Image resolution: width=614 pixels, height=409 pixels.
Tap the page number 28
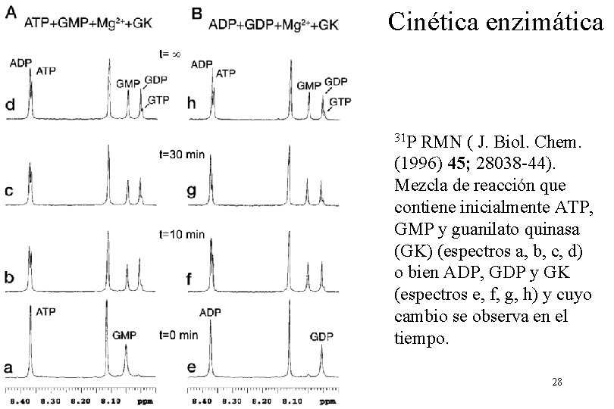coord(557,382)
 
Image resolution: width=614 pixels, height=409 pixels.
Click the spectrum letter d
coord(11,108)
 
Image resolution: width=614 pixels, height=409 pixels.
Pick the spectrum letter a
coord(11,367)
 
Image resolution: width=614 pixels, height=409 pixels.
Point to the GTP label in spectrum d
coord(158,99)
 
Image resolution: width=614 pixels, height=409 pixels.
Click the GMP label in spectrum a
coord(125,334)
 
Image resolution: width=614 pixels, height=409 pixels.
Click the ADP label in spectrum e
coord(211,311)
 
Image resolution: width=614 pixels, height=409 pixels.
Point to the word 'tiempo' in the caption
coord(421,339)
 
